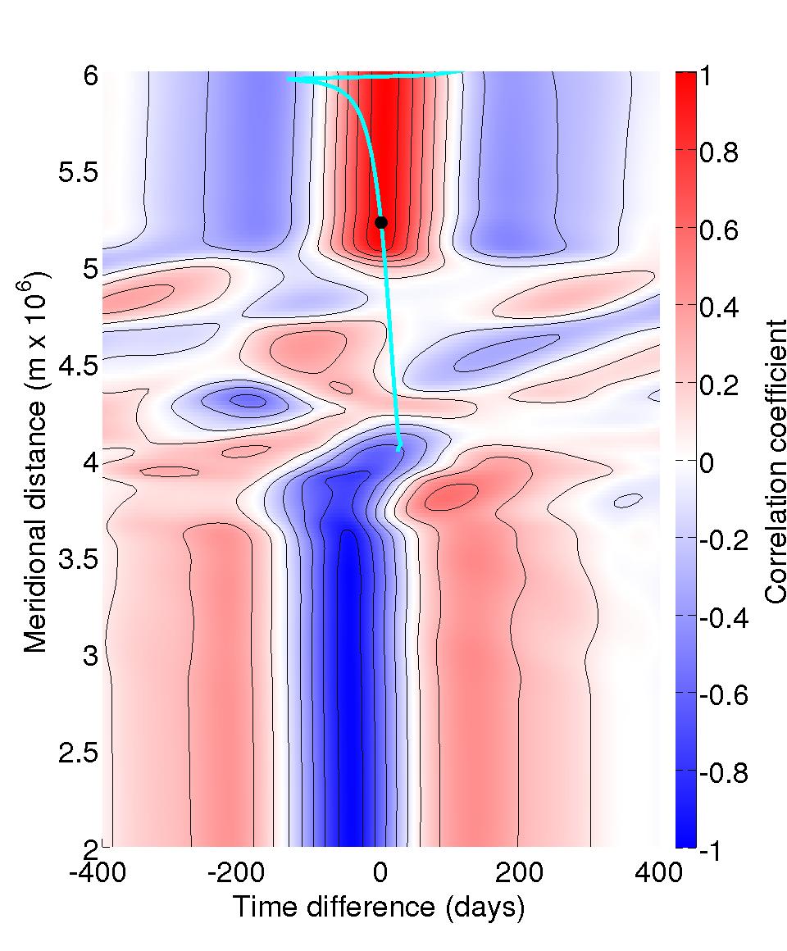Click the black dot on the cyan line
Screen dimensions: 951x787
click(381, 222)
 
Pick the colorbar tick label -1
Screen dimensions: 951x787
click(712, 850)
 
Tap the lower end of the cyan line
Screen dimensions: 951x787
click(399, 448)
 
